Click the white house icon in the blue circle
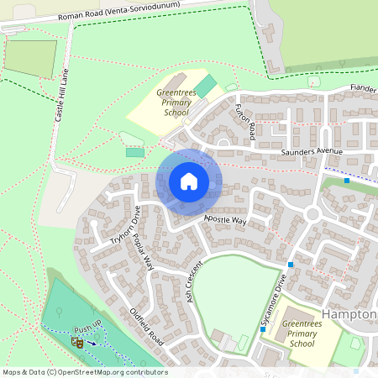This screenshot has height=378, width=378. (x=189, y=181)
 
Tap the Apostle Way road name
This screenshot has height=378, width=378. (x=226, y=221)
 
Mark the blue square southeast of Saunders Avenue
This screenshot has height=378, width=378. (x=347, y=181)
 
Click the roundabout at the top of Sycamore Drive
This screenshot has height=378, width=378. (x=312, y=214)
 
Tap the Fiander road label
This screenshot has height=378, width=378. (x=363, y=88)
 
